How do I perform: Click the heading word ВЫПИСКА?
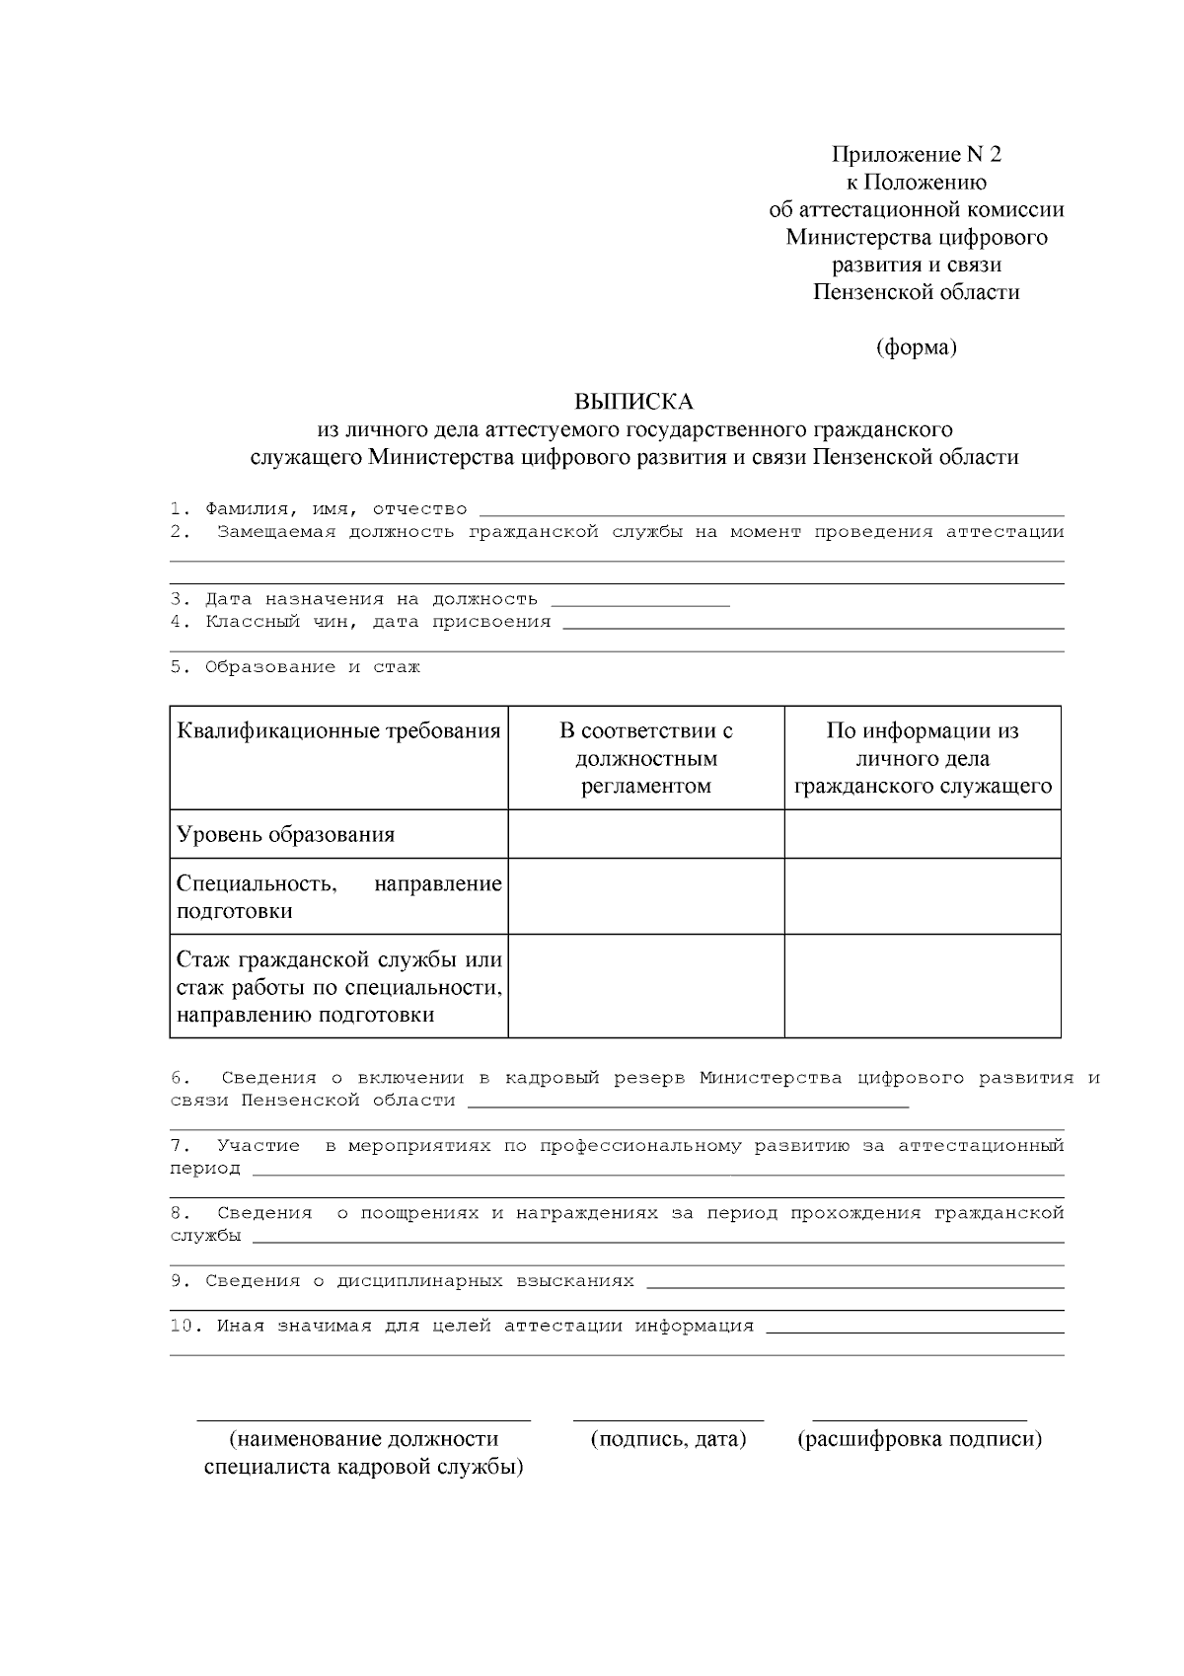(634, 402)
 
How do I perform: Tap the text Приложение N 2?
(917, 154)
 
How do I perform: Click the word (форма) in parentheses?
(917, 347)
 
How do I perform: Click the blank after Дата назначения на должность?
(639, 601)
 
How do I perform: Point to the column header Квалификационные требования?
(338, 731)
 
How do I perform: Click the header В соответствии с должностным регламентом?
(645, 758)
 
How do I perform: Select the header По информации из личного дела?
(923, 758)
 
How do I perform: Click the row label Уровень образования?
(286, 834)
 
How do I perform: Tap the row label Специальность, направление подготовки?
(338, 896)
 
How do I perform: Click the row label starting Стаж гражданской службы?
(338, 986)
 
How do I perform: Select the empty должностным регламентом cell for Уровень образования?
(645, 834)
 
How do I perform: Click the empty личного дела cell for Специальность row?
(923, 896)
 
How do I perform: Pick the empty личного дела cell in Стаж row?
(923, 986)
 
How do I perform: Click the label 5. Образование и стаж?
(295, 667)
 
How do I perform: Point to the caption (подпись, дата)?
(668, 1439)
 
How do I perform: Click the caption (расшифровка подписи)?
(919, 1439)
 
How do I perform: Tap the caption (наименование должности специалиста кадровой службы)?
(363, 1453)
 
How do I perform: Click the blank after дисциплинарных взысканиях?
(853, 1283)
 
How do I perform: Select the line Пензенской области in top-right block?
(917, 292)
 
